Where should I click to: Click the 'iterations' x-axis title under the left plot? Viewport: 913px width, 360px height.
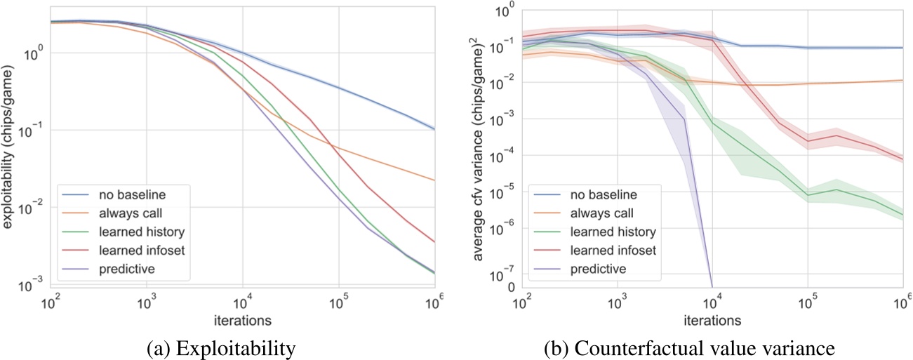242,321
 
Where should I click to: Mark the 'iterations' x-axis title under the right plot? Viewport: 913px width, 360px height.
712,321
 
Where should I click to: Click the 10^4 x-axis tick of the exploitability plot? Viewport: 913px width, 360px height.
243,304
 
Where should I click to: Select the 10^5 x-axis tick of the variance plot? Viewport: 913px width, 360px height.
808,304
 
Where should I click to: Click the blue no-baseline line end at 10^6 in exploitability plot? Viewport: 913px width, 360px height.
434,129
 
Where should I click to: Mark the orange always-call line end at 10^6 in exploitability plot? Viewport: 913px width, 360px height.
434,180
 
